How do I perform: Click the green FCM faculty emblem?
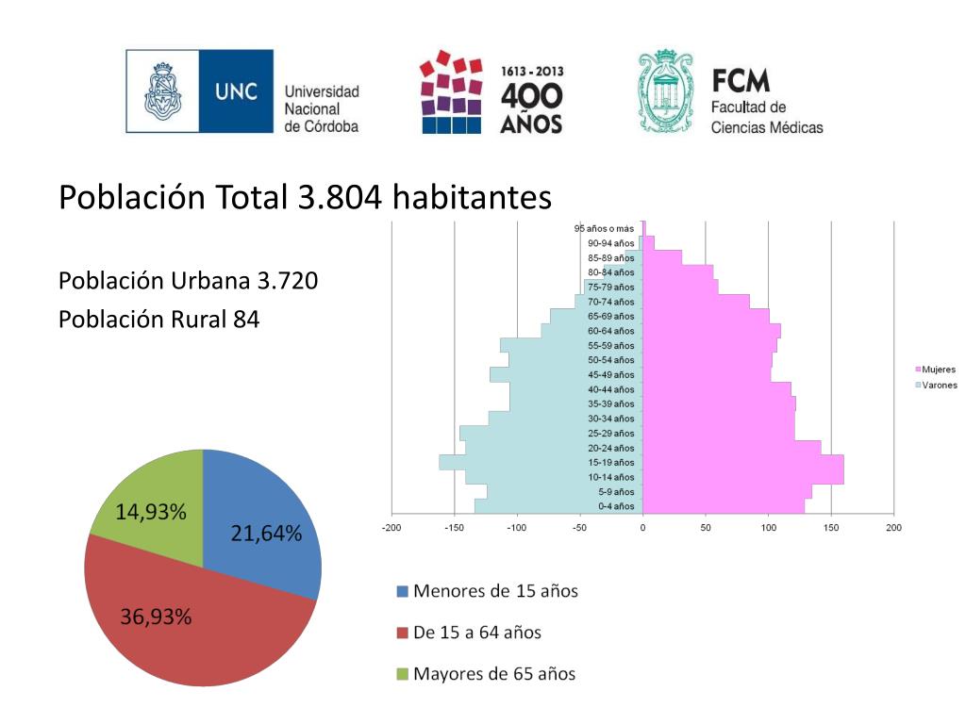coord(666,91)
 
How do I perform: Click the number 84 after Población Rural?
coord(246,320)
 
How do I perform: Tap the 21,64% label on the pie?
coord(266,535)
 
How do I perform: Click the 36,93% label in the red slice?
coord(156,617)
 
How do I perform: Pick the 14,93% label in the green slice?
coord(151,513)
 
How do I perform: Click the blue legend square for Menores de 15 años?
coord(403,592)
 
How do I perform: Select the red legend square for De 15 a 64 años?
coord(403,633)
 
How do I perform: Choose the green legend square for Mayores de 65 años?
coord(403,674)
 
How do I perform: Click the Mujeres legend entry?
coord(934,370)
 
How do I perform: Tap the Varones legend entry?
coord(934,385)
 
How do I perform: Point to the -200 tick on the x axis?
coord(391,527)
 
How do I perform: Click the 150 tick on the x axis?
coord(830,527)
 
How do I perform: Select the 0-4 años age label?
coord(616,506)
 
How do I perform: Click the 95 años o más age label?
coord(604,229)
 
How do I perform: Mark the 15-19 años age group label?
coord(611,463)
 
